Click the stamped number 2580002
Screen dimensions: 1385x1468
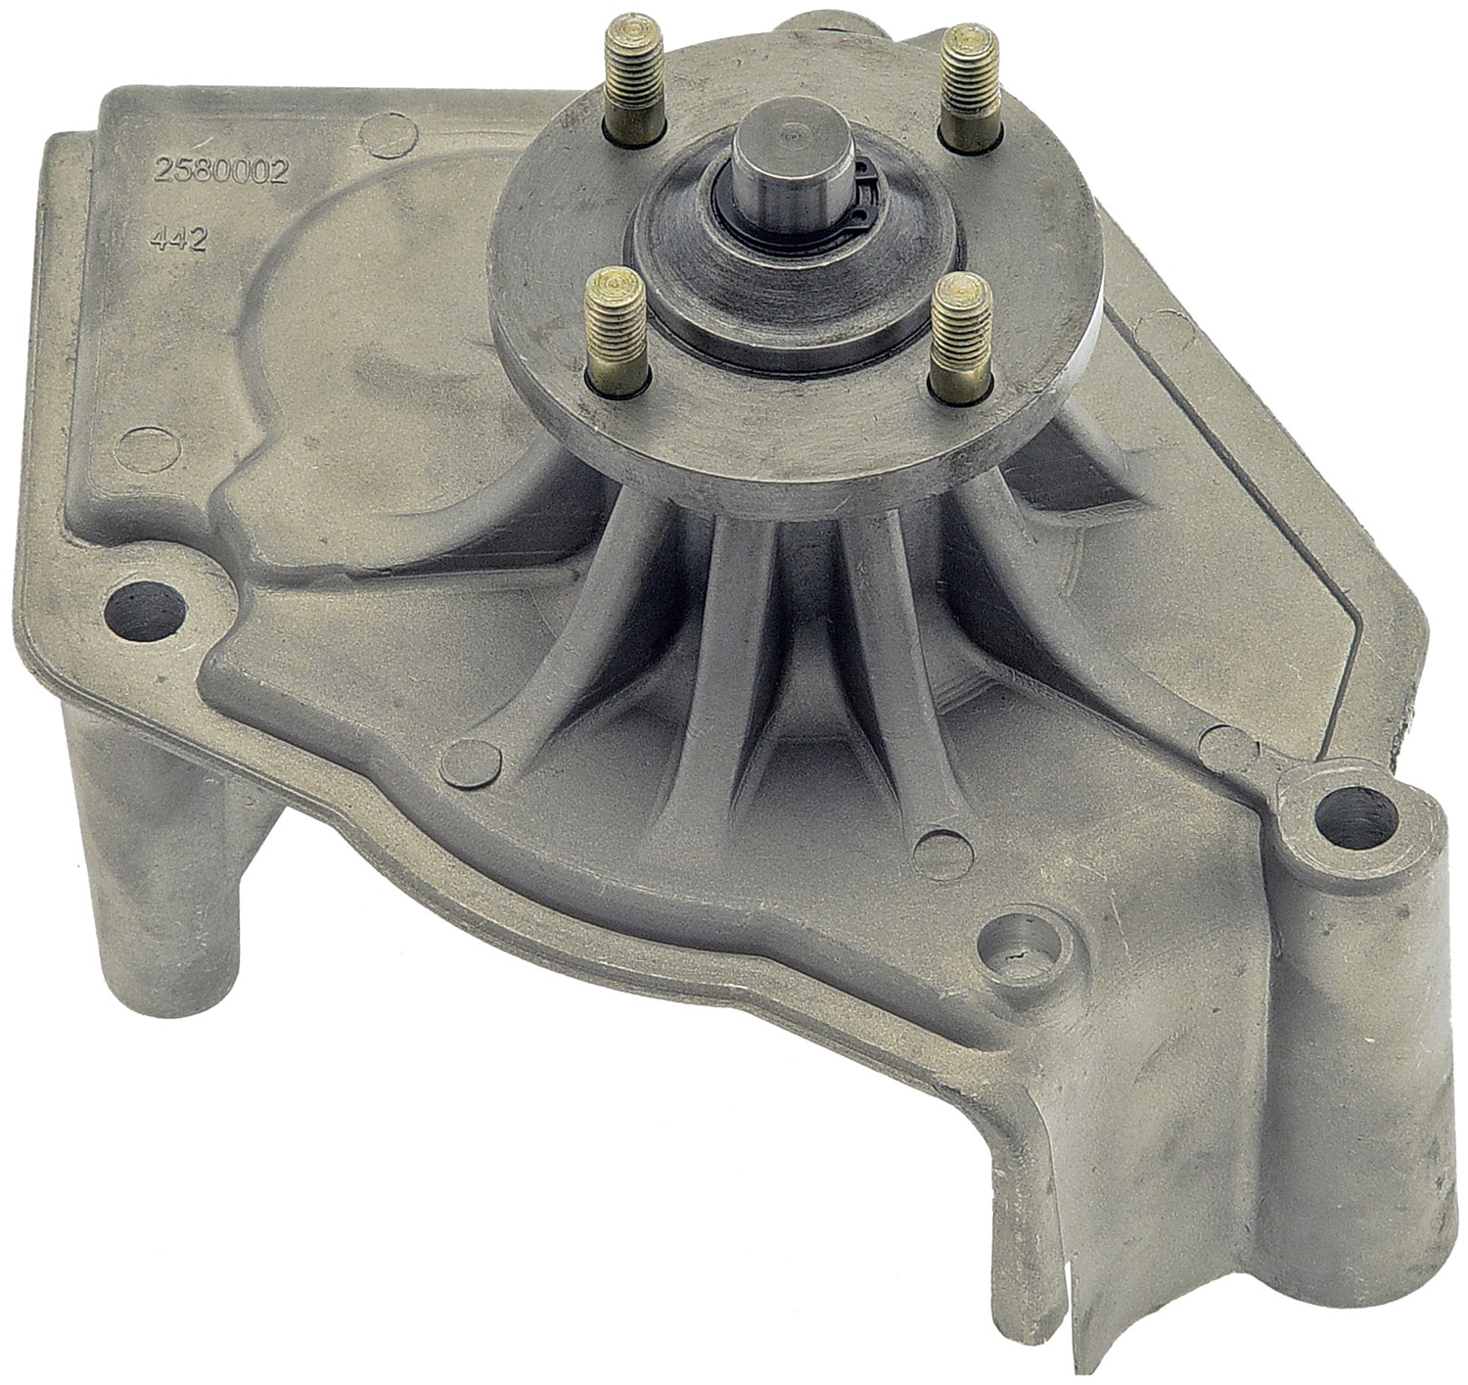(x=219, y=173)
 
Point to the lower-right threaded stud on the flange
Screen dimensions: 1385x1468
(x=955, y=338)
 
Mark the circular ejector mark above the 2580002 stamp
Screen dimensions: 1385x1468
(x=381, y=130)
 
